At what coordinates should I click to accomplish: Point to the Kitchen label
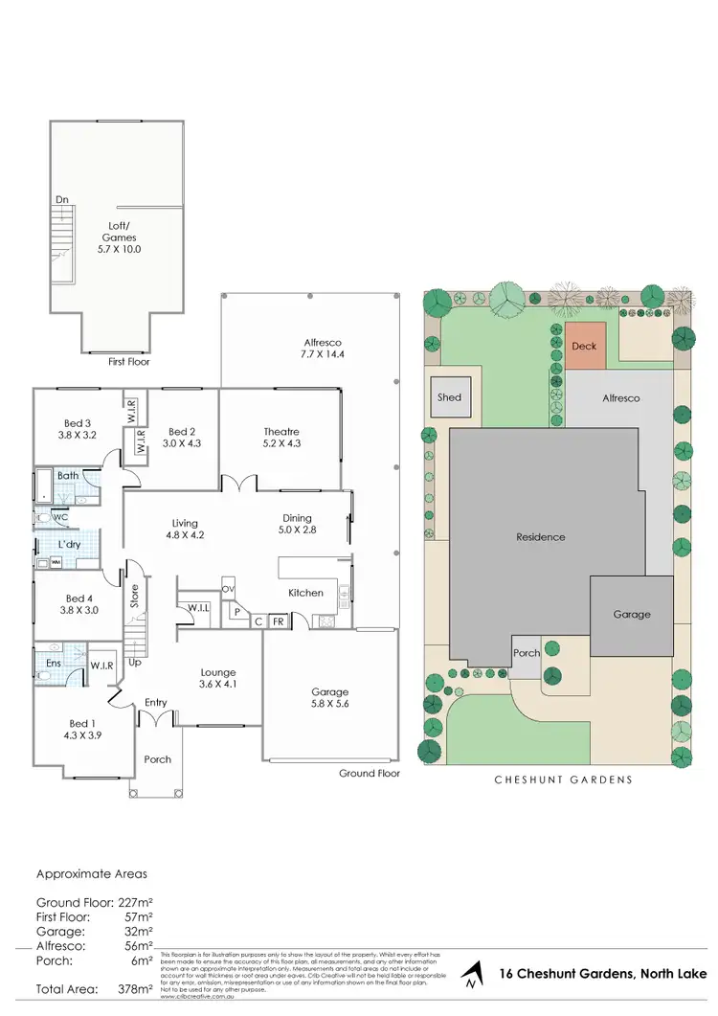(x=306, y=593)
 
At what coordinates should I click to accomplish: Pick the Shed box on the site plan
(x=449, y=397)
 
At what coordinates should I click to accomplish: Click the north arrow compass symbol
(x=470, y=977)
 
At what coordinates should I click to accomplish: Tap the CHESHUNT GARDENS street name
(x=563, y=779)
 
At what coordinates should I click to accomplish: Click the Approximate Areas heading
(x=92, y=873)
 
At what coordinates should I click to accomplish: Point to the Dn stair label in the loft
(x=62, y=200)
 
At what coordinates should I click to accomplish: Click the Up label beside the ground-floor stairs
(x=136, y=662)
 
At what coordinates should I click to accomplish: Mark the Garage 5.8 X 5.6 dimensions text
(x=330, y=705)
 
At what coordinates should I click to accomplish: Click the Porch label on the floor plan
(x=157, y=759)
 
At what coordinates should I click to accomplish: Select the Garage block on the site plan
(x=632, y=614)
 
